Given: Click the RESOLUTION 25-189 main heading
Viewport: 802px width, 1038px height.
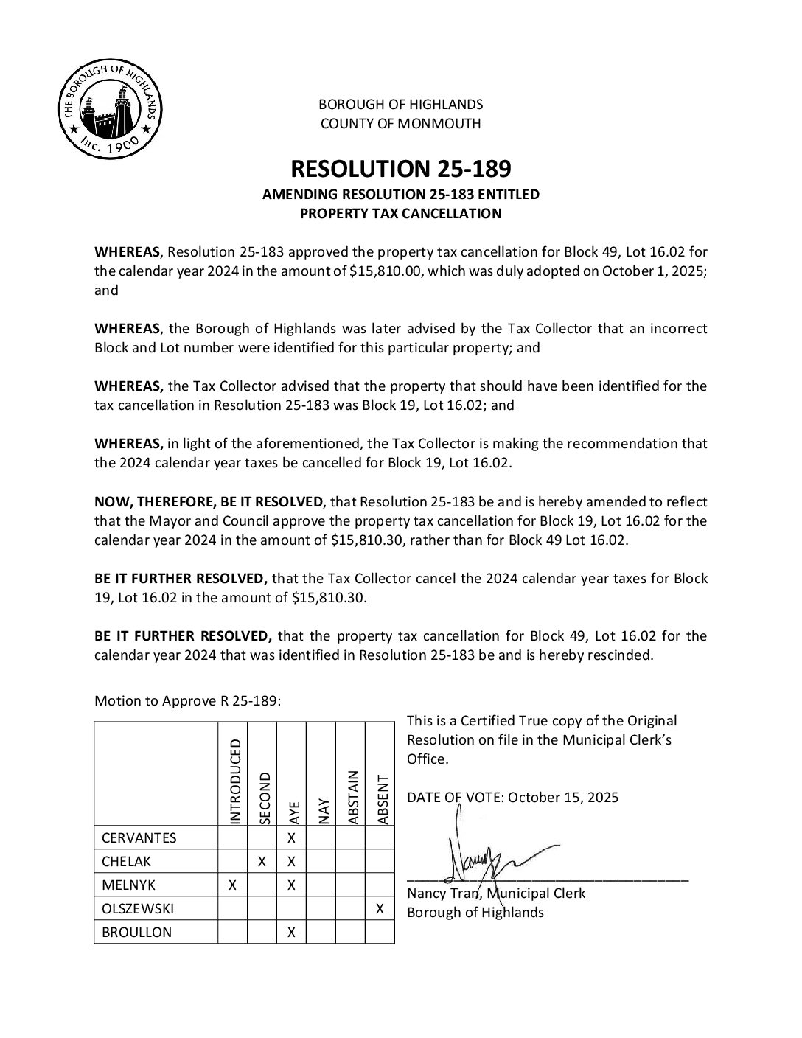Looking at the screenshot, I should pos(400,169).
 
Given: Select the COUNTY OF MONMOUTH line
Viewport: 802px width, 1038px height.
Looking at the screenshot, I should pos(400,124).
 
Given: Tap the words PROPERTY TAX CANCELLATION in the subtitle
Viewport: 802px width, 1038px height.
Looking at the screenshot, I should pos(400,214).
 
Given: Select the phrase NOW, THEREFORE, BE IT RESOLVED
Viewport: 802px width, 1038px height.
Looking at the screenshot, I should pos(209,502).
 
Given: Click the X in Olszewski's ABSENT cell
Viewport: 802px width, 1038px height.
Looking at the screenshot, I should pos(380,909).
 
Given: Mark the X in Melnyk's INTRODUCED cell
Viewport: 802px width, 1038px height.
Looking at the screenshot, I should pos(233,885).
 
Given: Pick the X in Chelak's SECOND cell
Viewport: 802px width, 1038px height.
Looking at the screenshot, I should pos(262,862).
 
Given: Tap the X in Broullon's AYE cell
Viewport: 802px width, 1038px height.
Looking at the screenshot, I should pos(291,933).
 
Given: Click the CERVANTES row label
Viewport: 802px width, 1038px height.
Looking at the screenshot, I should pos(139,838).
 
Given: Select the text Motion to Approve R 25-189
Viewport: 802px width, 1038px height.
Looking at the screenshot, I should pos(187,701).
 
